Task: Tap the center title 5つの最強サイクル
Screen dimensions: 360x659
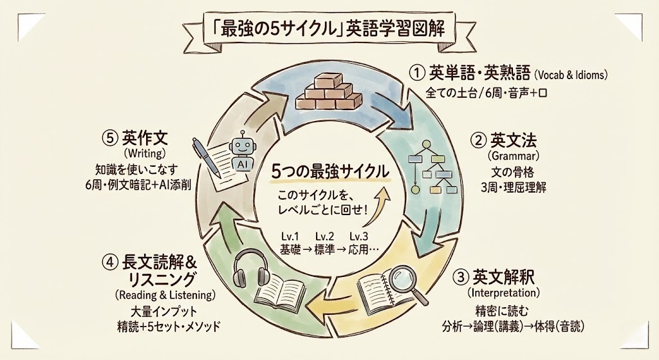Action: click(x=329, y=172)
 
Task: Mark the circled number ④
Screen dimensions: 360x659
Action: click(x=109, y=261)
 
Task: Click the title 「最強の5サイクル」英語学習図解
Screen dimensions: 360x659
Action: click(x=328, y=31)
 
